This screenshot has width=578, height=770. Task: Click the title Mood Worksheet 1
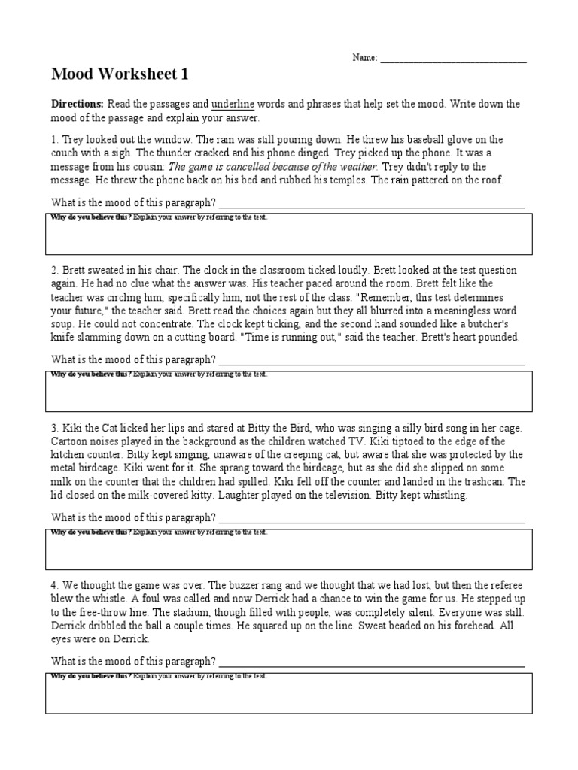(x=119, y=74)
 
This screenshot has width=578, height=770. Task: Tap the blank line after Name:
(x=453, y=59)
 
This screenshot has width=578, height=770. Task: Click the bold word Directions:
(x=78, y=104)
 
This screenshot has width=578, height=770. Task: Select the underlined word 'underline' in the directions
(x=233, y=104)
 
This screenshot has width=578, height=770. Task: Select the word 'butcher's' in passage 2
(x=497, y=323)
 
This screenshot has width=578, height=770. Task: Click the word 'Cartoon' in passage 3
(x=70, y=441)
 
